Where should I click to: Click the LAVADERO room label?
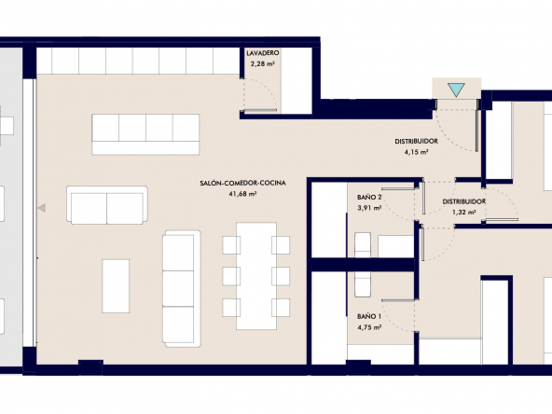pos(263,53)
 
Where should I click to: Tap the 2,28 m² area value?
pos(263,64)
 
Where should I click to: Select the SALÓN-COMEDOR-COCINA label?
pos(243,183)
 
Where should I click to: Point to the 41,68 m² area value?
pos(243,194)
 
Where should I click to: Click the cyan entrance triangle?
pos(457,90)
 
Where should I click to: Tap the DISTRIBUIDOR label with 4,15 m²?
pos(417,141)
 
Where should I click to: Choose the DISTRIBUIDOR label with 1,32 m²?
pos(464,201)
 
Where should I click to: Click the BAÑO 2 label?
pos(369,197)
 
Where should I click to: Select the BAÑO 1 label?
pos(369,316)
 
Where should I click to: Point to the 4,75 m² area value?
pos(369,327)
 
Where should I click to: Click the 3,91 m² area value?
pos(369,208)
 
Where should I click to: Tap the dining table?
pos(256,276)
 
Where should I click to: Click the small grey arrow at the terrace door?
pos(42,208)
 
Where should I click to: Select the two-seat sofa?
pos(107,205)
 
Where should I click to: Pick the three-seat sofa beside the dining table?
pos(181,289)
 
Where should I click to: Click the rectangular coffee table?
pos(116,286)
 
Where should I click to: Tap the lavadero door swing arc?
pos(267,90)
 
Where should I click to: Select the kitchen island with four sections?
pos(145,134)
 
